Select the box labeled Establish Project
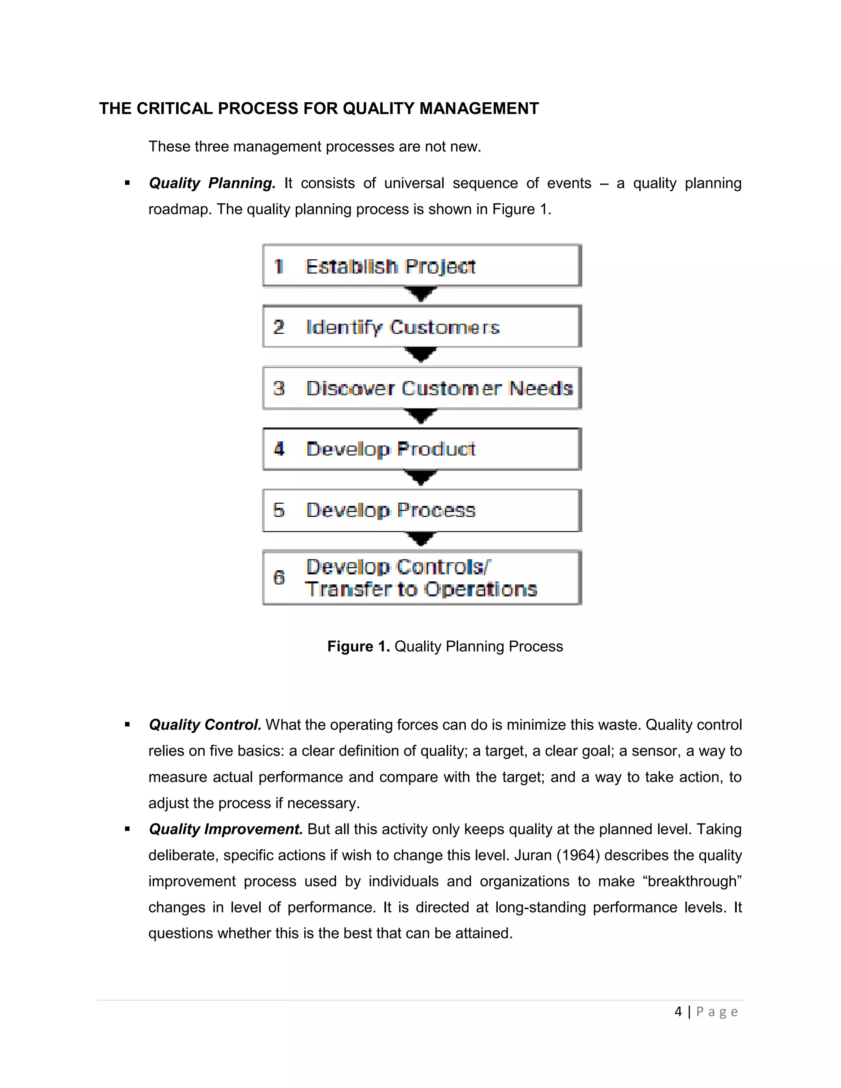(x=421, y=266)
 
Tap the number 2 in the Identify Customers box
(x=278, y=327)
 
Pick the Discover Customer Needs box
(x=421, y=388)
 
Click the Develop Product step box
(x=421, y=449)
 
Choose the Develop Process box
(x=421, y=510)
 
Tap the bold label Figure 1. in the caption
(x=358, y=646)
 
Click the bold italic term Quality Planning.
(x=212, y=184)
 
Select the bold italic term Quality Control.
(x=205, y=724)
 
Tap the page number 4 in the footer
(x=678, y=1011)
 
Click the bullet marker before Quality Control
(x=128, y=725)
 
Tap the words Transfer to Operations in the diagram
(x=421, y=589)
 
